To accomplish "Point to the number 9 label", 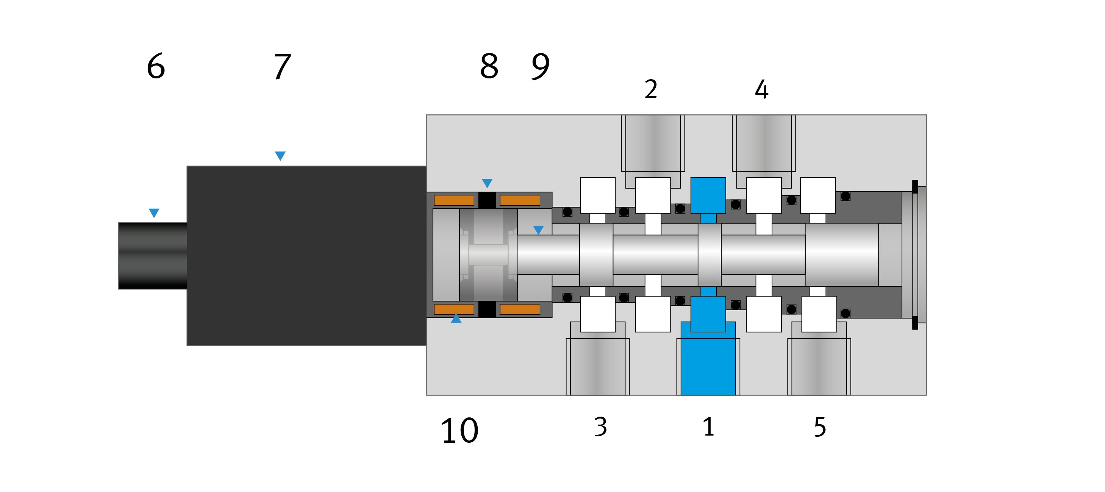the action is click(541, 67).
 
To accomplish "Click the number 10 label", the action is click(460, 430).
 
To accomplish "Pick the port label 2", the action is click(651, 89).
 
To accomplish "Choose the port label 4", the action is click(761, 89).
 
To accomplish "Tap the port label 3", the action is click(600, 427).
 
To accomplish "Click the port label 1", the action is click(709, 427).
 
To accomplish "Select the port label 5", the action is click(820, 427).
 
